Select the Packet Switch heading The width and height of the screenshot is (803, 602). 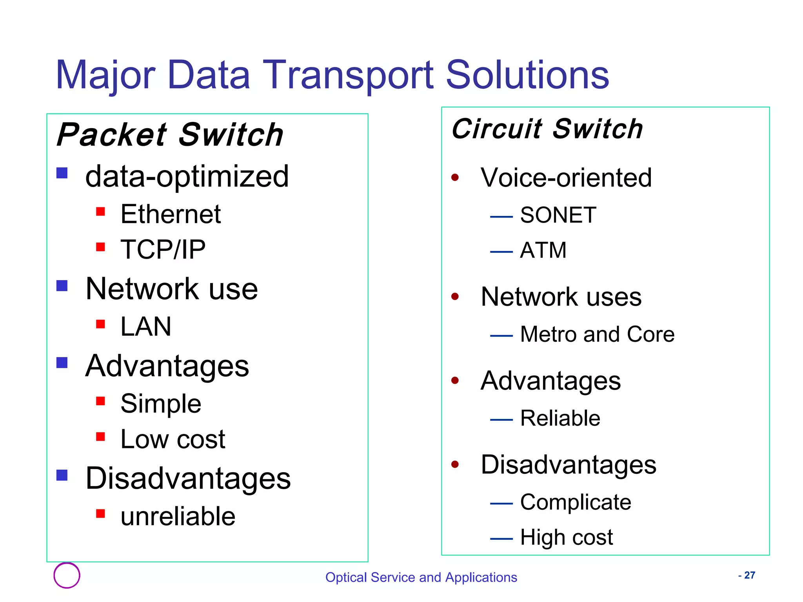click(170, 135)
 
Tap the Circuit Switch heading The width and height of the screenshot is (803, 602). click(547, 129)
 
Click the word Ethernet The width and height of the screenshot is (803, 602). click(171, 214)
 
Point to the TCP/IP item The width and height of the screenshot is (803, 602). click(163, 250)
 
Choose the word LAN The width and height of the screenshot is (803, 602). click(146, 326)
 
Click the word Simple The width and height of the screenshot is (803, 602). click(161, 404)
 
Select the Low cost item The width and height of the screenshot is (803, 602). click(173, 439)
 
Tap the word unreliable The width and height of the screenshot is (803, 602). click(178, 516)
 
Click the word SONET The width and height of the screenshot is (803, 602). click(558, 215)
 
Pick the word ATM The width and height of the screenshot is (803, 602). click(543, 250)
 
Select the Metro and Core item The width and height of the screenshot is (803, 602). click(597, 334)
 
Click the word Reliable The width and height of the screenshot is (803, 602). click(560, 418)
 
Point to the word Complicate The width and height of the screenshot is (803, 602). click(576, 502)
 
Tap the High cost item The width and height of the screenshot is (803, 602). click(566, 537)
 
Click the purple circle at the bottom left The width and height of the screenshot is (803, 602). click(67, 575)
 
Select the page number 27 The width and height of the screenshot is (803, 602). click(749, 575)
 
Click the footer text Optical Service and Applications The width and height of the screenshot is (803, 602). click(421, 577)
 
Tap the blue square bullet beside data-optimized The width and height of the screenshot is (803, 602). click(62, 173)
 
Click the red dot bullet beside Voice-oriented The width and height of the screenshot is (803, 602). click(455, 178)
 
